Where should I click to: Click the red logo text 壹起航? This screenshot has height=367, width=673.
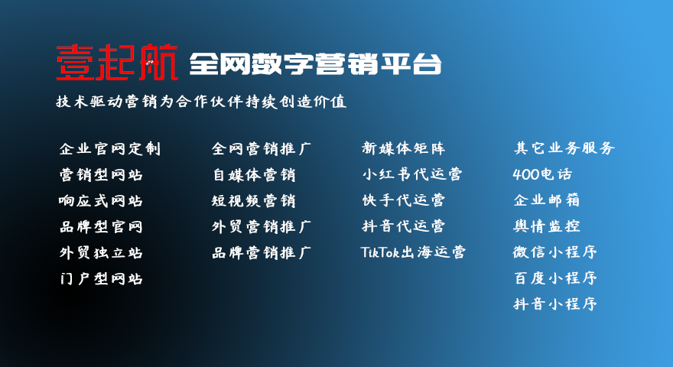tap(117, 63)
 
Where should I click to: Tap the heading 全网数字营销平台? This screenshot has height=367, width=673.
tap(315, 64)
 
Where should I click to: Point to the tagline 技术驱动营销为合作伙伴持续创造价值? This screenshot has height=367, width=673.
tap(201, 101)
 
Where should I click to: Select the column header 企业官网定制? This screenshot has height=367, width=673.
tap(110, 148)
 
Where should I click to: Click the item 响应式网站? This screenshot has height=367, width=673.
tap(101, 200)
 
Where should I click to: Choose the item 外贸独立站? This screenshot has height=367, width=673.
tap(101, 252)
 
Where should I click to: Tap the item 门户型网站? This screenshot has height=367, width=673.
tap(101, 278)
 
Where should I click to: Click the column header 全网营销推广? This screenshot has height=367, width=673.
tap(262, 148)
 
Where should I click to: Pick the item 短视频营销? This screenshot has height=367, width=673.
tap(254, 200)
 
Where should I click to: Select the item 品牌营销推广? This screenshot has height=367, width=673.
tap(262, 252)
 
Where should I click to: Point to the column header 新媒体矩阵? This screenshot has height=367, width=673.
tap(404, 148)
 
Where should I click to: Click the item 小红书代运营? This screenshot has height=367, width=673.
tap(412, 174)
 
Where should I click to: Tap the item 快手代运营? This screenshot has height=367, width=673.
tap(404, 200)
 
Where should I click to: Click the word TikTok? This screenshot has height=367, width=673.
tap(380, 252)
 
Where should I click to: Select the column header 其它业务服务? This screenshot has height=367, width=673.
tap(564, 148)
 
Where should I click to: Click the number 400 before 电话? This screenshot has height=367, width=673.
tap(526, 174)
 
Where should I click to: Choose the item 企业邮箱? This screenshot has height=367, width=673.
tap(547, 200)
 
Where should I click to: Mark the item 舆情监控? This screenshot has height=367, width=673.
tap(547, 226)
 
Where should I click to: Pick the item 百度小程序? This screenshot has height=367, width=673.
tap(555, 278)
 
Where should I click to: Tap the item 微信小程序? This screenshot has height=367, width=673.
tap(555, 252)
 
